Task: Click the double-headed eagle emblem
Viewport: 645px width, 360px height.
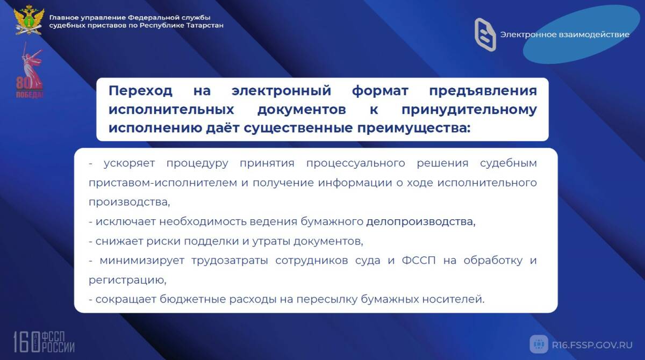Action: tap(29, 20)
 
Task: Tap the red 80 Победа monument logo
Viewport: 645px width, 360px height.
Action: tap(30, 70)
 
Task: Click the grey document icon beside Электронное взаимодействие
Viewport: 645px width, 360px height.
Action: tap(485, 34)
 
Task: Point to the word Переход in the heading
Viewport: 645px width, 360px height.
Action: tap(140, 91)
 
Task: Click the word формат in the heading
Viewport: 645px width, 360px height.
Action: tap(380, 91)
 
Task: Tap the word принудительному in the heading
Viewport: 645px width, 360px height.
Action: tap(469, 110)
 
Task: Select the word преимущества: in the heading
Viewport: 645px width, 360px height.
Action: tap(414, 128)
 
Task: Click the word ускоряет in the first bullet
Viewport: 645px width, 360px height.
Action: tap(130, 163)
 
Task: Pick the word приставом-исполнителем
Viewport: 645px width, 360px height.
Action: tap(163, 183)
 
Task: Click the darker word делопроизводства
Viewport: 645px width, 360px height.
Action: tap(421, 221)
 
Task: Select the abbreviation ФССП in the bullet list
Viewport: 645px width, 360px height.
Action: tap(419, 261)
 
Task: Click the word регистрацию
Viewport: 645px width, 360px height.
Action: tap(127, 280)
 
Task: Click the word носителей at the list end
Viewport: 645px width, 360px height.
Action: tap(454, 299)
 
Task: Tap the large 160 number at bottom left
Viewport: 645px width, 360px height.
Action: tap(26, 342)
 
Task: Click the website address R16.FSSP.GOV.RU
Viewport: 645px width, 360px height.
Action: tap(592, 345)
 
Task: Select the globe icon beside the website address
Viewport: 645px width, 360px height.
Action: tap(539, 344)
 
